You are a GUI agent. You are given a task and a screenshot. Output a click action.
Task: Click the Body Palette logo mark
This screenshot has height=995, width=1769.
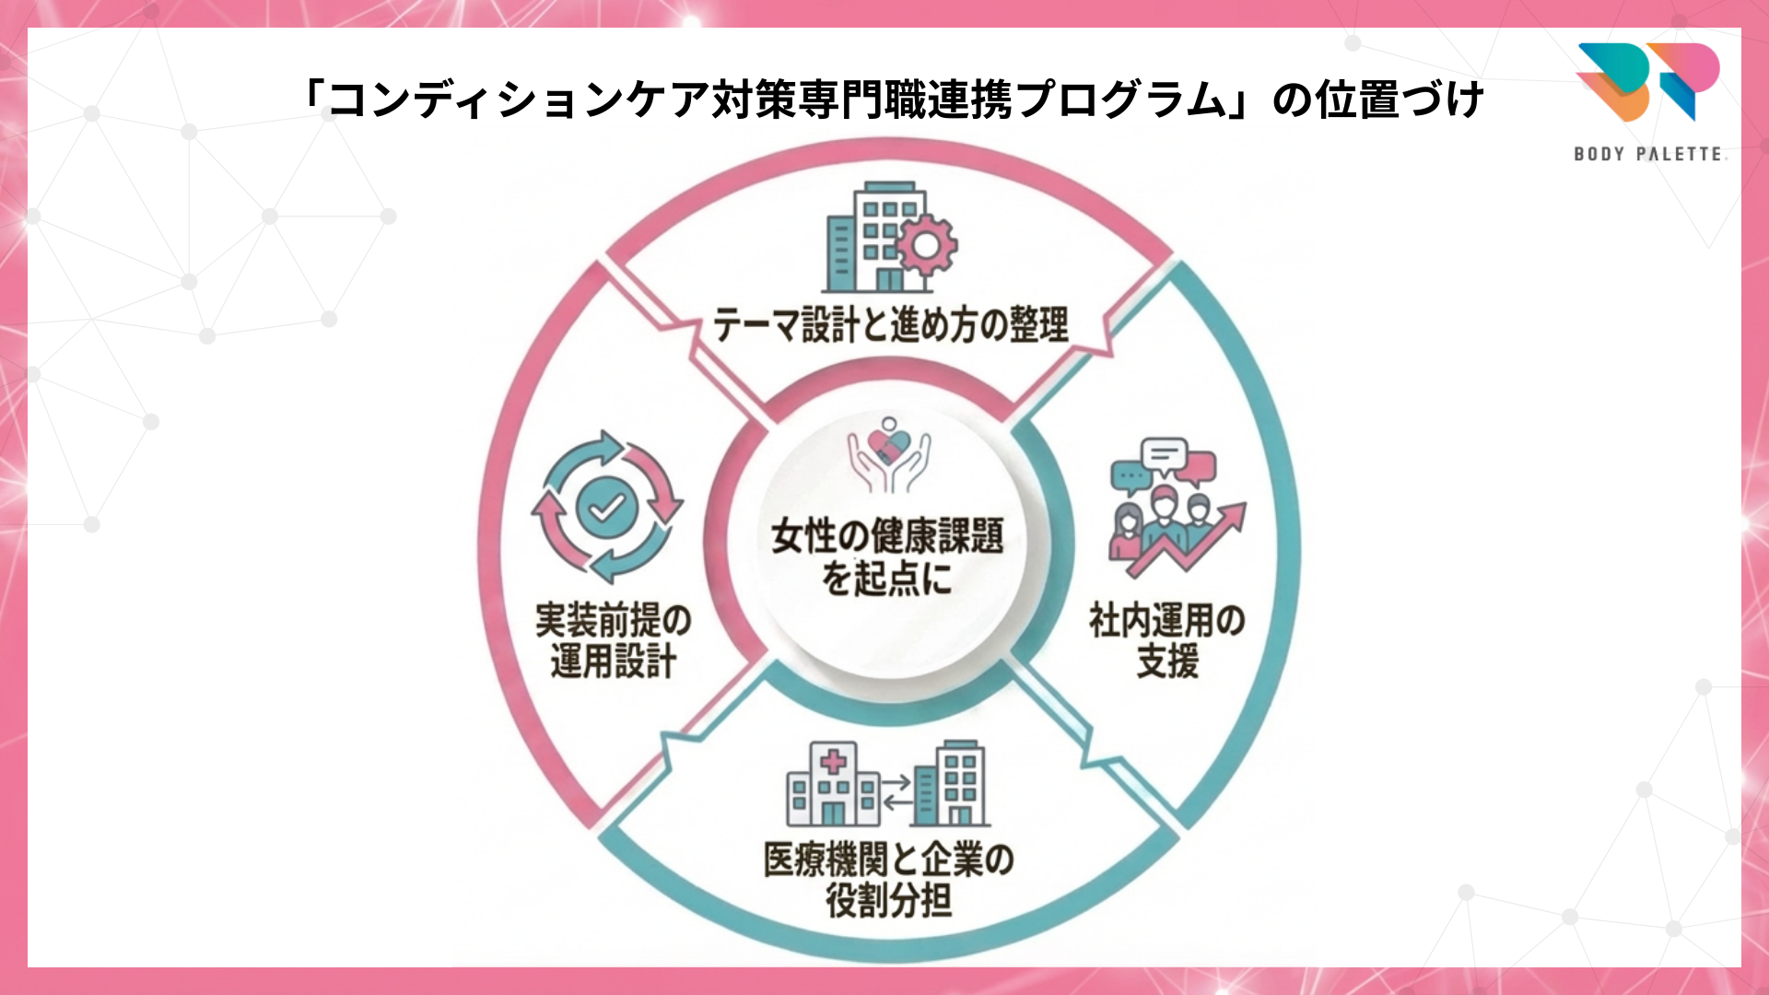1648,81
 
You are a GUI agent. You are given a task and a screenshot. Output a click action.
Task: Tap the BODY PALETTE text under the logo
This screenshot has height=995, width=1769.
1648,154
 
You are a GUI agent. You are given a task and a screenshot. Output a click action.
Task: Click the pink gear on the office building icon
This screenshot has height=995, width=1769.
926,245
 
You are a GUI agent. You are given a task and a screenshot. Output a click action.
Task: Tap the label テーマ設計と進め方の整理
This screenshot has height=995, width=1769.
890,325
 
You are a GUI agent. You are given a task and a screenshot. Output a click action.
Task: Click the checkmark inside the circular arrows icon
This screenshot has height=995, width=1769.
606,507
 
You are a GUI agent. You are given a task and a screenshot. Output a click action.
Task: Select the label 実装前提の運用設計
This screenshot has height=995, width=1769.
614,640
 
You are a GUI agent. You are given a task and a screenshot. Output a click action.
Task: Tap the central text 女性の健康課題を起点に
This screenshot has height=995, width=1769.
887,556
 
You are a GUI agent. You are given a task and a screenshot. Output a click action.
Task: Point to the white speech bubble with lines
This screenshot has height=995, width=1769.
1164,454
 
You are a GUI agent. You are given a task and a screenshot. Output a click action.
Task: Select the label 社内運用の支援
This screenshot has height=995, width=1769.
1166,640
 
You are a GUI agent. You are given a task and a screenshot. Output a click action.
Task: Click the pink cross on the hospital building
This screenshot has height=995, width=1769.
833,761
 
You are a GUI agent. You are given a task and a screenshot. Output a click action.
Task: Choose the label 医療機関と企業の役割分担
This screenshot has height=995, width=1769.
888,879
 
